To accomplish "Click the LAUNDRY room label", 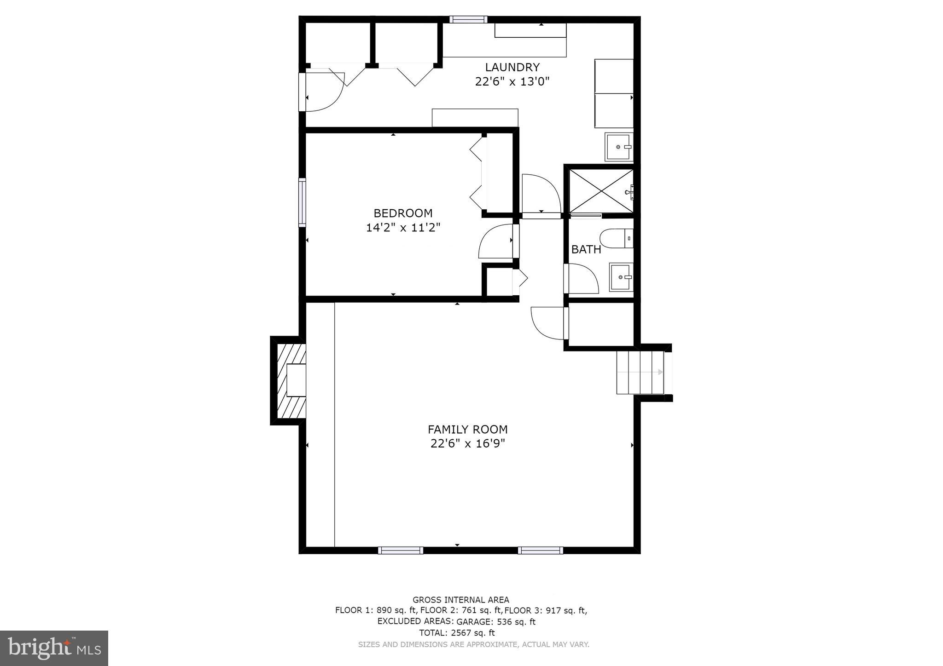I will click(x=512, y=67).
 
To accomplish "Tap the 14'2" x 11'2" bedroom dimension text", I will click(x=403, y=228).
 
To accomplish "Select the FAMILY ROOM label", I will click(x=467, y=430).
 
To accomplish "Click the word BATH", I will click(x=586, y=250).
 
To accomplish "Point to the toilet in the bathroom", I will click(x=616, y=238).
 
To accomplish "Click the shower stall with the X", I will click(x=601, y=191).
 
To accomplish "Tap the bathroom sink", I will click(x=621, y=277).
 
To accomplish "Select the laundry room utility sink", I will click(x=619, y=147).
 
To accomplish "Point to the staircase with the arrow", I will click(x=640, y=372).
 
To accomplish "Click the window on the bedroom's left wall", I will click(x=302, y=202).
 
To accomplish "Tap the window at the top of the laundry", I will click(x=468, y=19).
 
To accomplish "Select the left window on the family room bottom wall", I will click(x=401, y=550).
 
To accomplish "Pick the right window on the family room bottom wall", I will click(x=540, y=550).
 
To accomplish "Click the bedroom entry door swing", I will click(x=496, y=241).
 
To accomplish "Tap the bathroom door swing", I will click(x=582, y=278).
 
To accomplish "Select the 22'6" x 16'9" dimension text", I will click(x=467, y=444).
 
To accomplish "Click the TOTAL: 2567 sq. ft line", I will click(x=457, y=633).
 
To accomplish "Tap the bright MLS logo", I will click(x=54, y=648).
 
